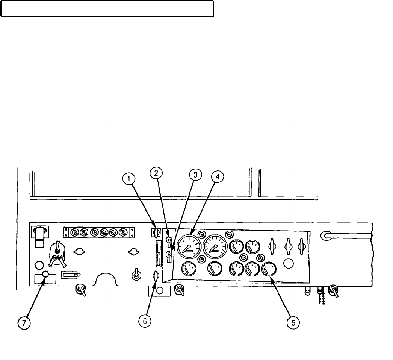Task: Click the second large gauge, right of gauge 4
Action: (x=215, y=246)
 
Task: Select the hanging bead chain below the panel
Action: (x=321, y=297)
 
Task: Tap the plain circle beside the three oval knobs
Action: (x=288, y=263)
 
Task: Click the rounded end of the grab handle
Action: (x=325, y=235)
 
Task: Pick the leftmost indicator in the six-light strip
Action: (x=74, y=233)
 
